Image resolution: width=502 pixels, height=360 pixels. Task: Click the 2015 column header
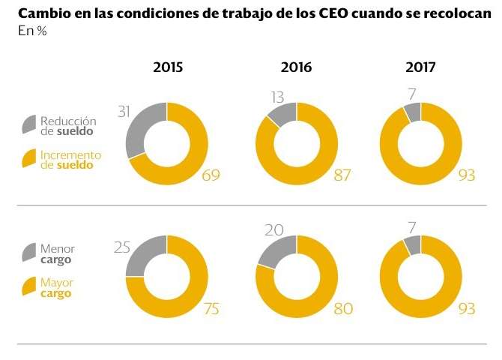point(168,67)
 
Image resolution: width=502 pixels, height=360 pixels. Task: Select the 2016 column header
point(297,67)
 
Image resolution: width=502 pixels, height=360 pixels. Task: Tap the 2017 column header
point(421,67)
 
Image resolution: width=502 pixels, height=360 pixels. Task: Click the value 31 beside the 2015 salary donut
point(125,111)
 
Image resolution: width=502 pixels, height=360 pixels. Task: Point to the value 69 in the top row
point(212,175)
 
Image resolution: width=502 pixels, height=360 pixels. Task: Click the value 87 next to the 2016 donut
point(340,175)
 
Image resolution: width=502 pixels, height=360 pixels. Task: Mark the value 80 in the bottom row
point(342,307)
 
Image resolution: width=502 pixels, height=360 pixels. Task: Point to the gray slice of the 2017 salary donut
point(412,112)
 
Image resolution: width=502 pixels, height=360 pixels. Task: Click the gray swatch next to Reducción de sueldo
point(28,124)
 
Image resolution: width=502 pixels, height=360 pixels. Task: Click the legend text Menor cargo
point(58,254)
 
